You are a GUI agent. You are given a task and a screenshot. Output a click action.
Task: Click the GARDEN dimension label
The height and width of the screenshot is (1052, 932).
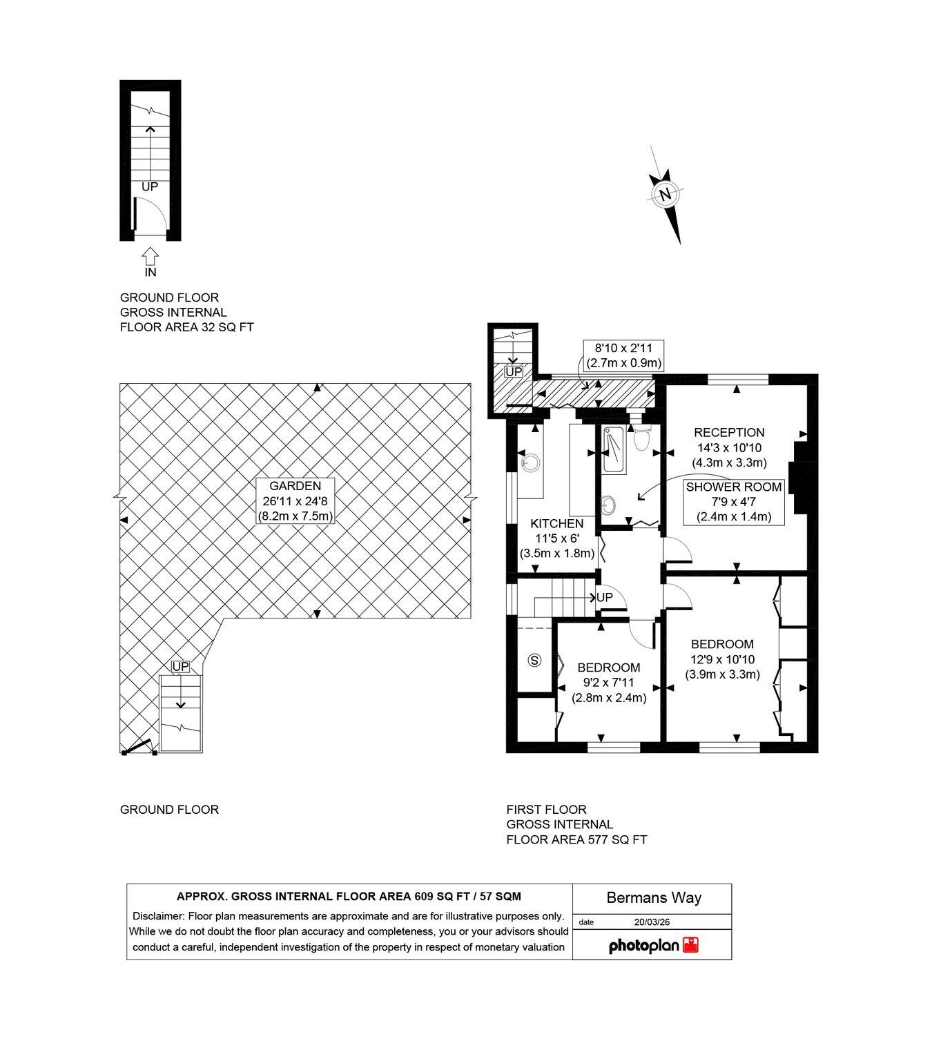295,500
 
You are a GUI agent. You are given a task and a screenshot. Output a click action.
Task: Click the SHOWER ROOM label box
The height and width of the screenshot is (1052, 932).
734,502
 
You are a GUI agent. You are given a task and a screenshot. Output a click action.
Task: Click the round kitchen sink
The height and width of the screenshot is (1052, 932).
531,462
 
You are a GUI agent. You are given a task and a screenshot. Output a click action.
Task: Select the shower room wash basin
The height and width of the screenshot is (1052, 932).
608,503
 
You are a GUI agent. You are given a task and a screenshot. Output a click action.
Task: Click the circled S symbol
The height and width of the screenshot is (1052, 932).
534,660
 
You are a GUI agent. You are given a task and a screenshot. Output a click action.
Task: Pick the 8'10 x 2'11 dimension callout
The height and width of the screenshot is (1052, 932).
623,355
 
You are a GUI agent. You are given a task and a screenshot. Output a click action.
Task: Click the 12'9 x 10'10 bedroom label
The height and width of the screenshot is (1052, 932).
722,659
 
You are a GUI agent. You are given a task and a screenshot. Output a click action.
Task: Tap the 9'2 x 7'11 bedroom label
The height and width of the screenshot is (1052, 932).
608,682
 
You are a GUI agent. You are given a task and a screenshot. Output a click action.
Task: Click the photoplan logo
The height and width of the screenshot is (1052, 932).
653,946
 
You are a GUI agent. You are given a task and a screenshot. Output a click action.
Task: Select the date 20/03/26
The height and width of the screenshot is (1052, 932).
652,922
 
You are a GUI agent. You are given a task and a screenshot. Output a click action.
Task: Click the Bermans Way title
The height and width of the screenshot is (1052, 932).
654,898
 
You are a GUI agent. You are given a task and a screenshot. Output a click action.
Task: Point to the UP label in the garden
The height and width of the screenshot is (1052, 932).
180,666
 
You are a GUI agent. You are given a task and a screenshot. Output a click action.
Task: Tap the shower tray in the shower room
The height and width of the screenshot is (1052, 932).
614,449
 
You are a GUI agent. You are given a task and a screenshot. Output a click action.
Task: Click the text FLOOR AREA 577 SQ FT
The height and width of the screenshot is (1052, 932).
576,839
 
